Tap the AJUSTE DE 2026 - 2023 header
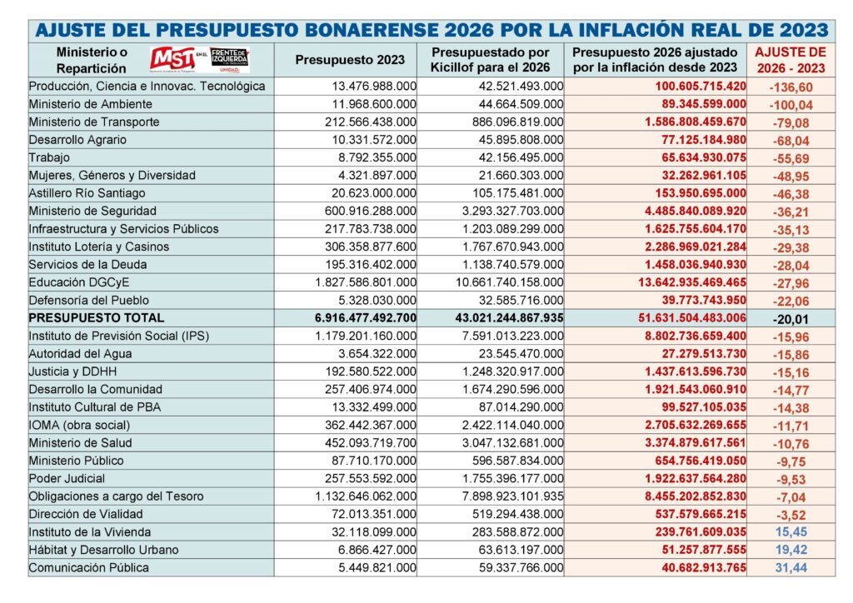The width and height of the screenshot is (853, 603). coord(791,60)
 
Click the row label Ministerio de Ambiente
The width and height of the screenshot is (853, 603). coord(91,104)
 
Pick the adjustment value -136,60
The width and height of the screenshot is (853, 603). coord(791,87)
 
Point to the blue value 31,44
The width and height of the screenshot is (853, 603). coord(791,567)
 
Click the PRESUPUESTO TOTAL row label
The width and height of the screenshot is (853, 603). coord(97,317)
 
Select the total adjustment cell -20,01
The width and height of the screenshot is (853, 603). coord(791,318)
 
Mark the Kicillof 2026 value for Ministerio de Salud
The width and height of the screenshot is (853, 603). coord(511,443)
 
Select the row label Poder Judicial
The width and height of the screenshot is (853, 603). coord(67,478)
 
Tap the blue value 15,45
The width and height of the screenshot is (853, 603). coord(791,531)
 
